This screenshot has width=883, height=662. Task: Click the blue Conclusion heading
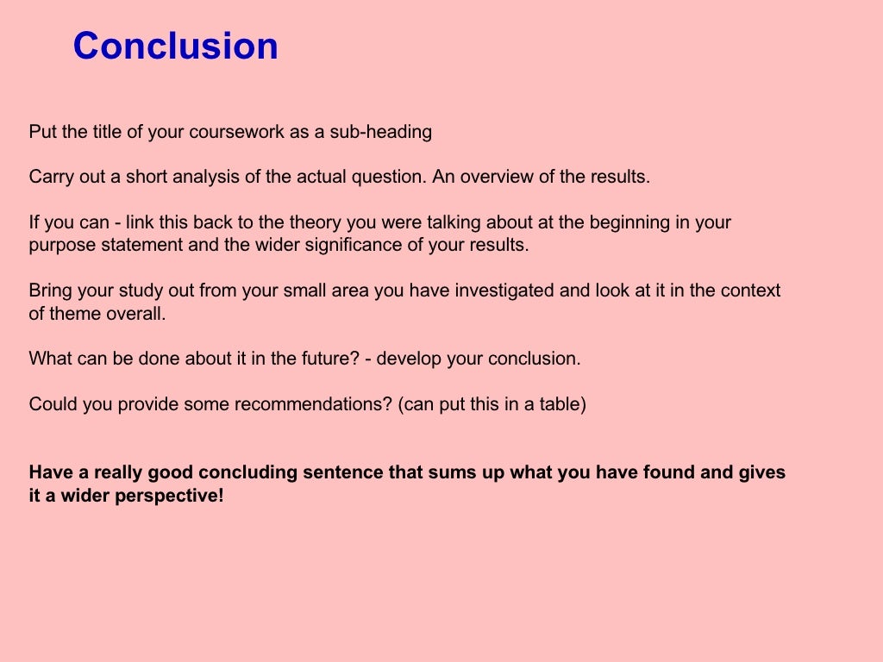[175, 46]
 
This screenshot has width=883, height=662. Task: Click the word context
[750, 290]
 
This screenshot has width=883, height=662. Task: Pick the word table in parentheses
[561, 404]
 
